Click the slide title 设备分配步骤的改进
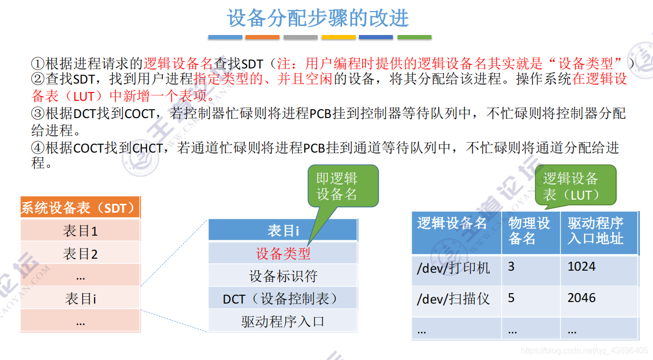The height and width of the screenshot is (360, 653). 318,18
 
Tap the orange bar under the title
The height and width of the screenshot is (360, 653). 262,38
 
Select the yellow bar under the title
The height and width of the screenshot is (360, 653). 339,38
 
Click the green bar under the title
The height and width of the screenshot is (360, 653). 414,38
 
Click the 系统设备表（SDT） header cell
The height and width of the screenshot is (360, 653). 80,208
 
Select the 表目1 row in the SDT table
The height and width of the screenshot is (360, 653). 80,231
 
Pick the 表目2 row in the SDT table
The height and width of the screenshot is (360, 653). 80,254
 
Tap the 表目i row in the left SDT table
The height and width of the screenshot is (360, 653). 80,298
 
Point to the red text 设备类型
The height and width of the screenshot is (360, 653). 283,254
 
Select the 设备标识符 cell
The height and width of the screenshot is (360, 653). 283,276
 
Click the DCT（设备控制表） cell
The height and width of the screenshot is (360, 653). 283,298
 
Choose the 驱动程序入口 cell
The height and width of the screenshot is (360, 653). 283,321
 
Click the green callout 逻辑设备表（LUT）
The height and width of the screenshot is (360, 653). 575,187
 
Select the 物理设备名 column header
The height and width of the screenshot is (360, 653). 530,231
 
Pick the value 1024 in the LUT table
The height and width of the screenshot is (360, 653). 581,267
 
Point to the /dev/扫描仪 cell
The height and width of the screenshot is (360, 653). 453,299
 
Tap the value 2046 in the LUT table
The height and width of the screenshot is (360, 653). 581,298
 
